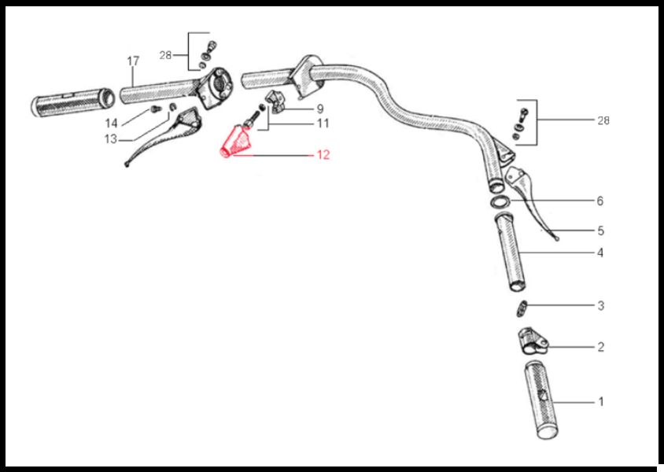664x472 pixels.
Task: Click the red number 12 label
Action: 323,155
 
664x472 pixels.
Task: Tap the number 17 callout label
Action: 133,61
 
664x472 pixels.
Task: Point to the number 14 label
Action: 111,124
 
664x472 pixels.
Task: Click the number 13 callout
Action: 110,139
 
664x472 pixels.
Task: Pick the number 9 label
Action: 320,109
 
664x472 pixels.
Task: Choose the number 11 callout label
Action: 323,124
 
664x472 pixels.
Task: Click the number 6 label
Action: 599,201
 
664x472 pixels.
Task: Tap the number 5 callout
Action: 600,230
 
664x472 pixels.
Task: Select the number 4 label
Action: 600,253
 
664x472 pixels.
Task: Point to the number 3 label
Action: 600,306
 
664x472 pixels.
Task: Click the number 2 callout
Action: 600,347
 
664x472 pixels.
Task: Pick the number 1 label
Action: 600,401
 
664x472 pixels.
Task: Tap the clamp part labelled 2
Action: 533,341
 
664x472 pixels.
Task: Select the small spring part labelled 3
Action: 522,308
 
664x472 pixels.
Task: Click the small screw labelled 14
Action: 156,109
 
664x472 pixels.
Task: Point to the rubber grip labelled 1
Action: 540,400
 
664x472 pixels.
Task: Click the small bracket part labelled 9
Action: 274,102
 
